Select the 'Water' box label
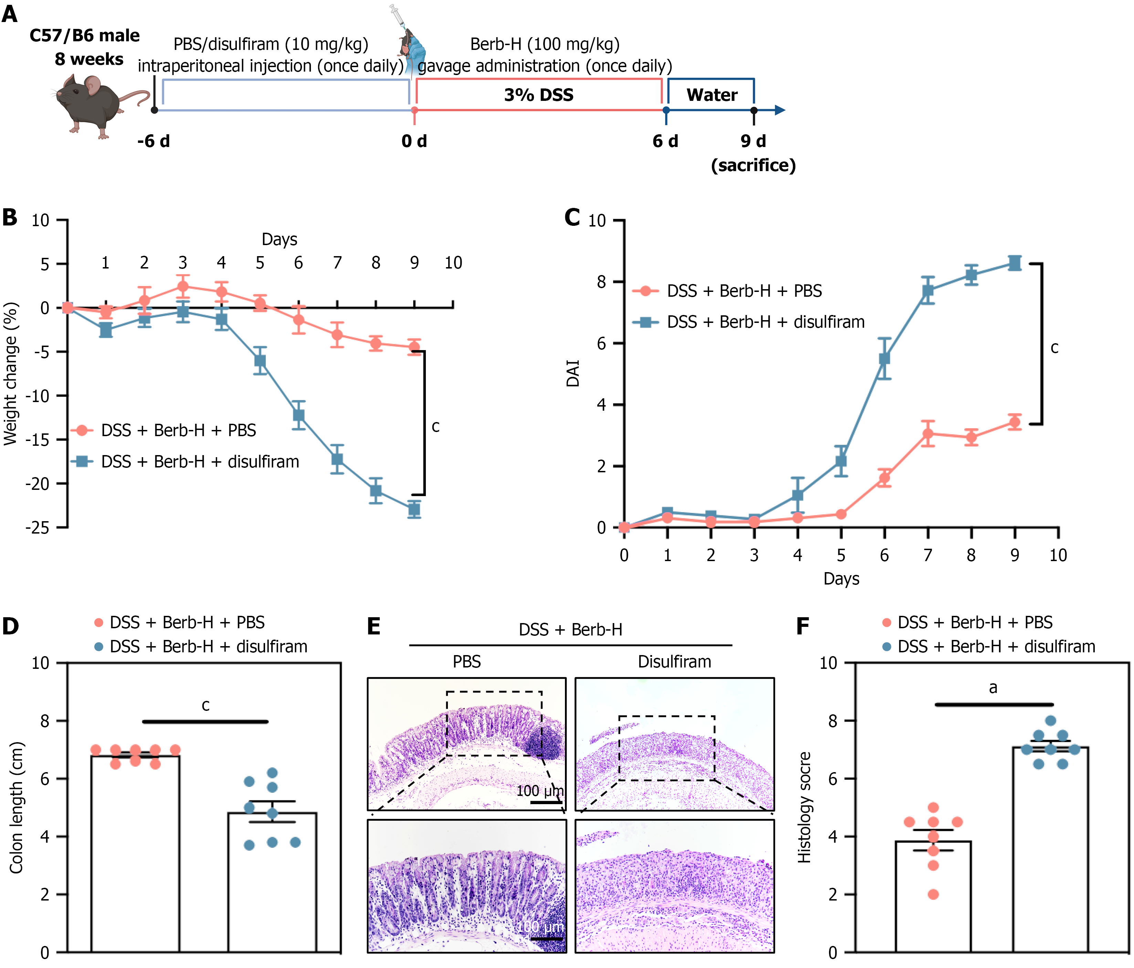712,95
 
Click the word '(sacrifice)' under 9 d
753,165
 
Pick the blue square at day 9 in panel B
414,509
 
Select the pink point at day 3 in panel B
183,286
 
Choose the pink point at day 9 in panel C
1015,422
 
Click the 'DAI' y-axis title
573,374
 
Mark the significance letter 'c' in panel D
206,705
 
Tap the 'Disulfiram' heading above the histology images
674,662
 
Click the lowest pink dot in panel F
933,894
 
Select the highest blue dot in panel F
1050,721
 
